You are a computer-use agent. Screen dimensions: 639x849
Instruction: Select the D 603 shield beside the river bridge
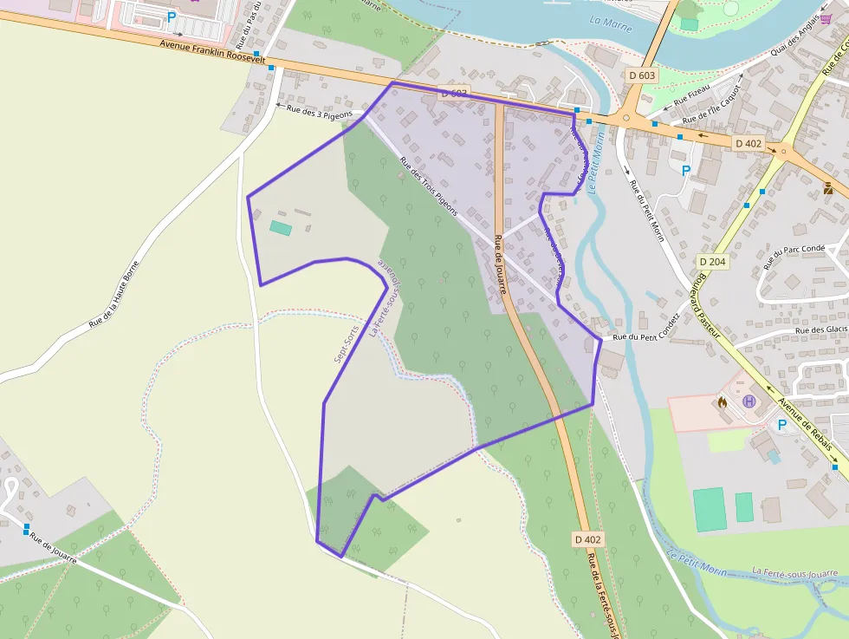point(642,75)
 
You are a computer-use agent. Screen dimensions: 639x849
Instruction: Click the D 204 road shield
point(711,260)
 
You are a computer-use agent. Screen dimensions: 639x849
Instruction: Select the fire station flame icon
point(722,402)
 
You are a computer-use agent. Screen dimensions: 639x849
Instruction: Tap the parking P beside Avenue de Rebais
point(782,425)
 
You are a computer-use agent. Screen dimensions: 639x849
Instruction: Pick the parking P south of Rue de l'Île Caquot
point(686,171)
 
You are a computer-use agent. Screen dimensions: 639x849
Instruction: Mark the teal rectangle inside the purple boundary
point(280,227)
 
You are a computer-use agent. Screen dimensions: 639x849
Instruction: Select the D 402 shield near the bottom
point(587,539)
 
